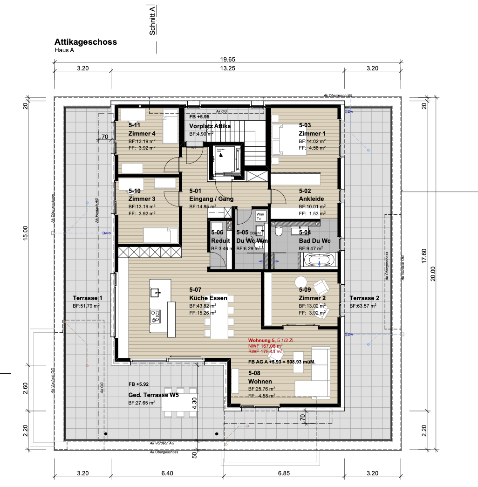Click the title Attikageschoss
point(86,42)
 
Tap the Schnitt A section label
point(152,21)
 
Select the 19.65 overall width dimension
point(228,59)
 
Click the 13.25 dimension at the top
point(227,69)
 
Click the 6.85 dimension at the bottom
point(284,473)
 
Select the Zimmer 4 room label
point(142,134)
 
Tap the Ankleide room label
point(312,199)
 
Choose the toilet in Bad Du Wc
point(279,232)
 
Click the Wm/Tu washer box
point(260,216)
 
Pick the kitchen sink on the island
point(155,293)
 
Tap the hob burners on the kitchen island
point(155,316)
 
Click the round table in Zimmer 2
point(300,282)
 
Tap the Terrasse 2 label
point(364,298)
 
